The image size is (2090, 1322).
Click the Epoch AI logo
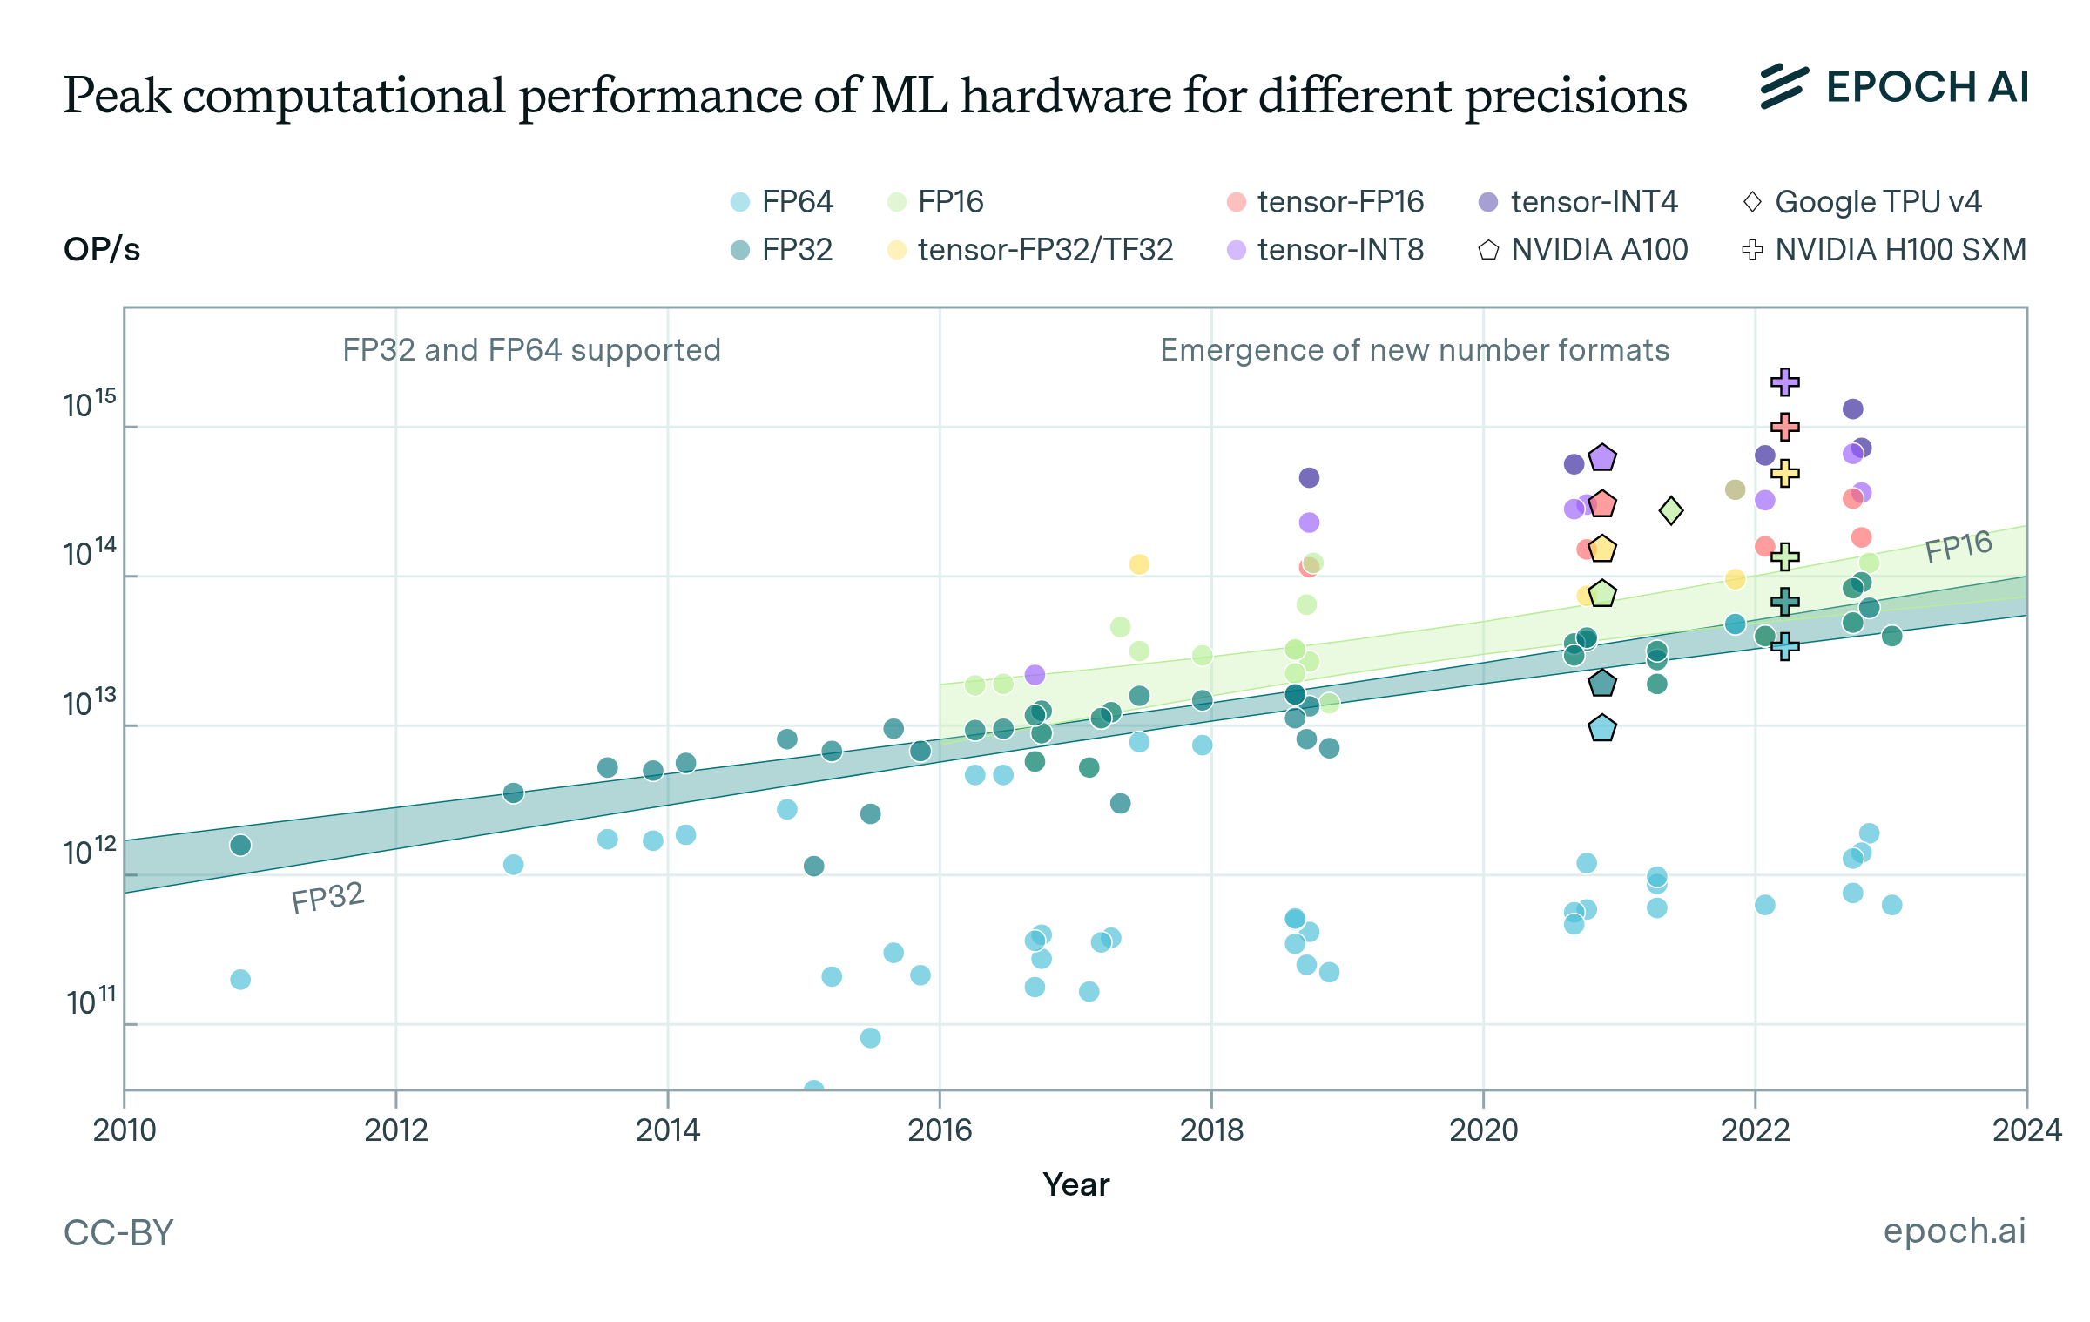pos(1894,87)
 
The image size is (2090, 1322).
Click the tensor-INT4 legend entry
pos(1579,202)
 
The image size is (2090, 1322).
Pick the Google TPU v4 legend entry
pos(1863,202)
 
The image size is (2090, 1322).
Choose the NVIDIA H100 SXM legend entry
pos(1884,250)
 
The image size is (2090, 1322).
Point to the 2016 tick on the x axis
pos(940,1130)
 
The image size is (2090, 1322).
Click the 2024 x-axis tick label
pos(2026,1130)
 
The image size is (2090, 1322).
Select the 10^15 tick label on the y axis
pos(89,404)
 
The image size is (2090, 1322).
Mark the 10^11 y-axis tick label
pos(91,1002)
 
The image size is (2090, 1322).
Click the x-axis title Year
pos(1075,1184)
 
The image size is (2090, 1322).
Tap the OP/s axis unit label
pos(102,250)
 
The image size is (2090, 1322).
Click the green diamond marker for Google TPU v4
pos(1670,510)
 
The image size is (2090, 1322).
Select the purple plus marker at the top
pos(1784,381)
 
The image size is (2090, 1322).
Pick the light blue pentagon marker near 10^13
pos(1601,728)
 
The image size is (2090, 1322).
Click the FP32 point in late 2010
pos(240,845)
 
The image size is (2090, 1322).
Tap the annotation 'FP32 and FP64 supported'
pos(531,350)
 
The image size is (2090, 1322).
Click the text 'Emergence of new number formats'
pos(1414,350)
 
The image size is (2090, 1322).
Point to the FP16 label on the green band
pos(1958,546)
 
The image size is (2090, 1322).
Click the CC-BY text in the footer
pos(118,1232)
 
